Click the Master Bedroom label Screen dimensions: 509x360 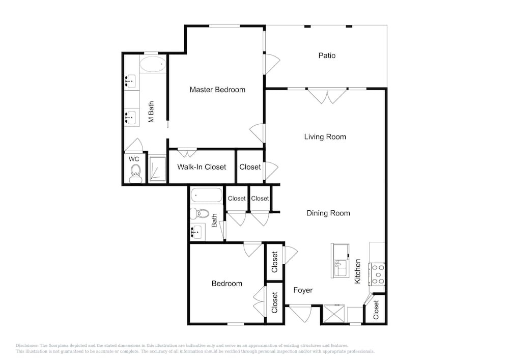coord(217,90)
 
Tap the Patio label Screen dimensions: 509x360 coord(327,56)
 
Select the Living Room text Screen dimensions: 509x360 coord(325,137)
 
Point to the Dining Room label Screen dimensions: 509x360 coord(328,213)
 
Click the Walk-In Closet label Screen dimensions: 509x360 coord(202,167)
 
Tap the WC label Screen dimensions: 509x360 coord(134,159)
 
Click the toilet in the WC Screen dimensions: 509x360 coord(135,174)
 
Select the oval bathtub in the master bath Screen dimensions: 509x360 coord(153,64)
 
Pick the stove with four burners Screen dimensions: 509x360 coord(377,274)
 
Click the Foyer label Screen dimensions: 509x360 coord(303,290)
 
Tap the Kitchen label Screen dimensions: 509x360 coord(357,271)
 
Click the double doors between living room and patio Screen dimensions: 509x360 coord(327,96)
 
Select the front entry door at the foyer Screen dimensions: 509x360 coord(301,313)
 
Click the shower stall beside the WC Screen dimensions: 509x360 coord(158,169)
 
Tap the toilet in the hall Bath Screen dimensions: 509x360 coord(200,213)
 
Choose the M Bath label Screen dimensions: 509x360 coord(151,112)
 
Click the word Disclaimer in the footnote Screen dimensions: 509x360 coord(27,346)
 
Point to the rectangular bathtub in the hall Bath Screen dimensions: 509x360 coord(207,196)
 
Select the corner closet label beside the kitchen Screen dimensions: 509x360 coord(376,310)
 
